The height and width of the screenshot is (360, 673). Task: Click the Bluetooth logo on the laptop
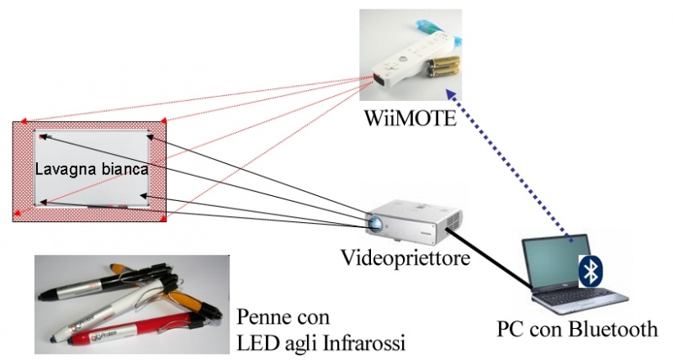point(592,271)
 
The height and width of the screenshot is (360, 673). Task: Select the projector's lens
point(375,224)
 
